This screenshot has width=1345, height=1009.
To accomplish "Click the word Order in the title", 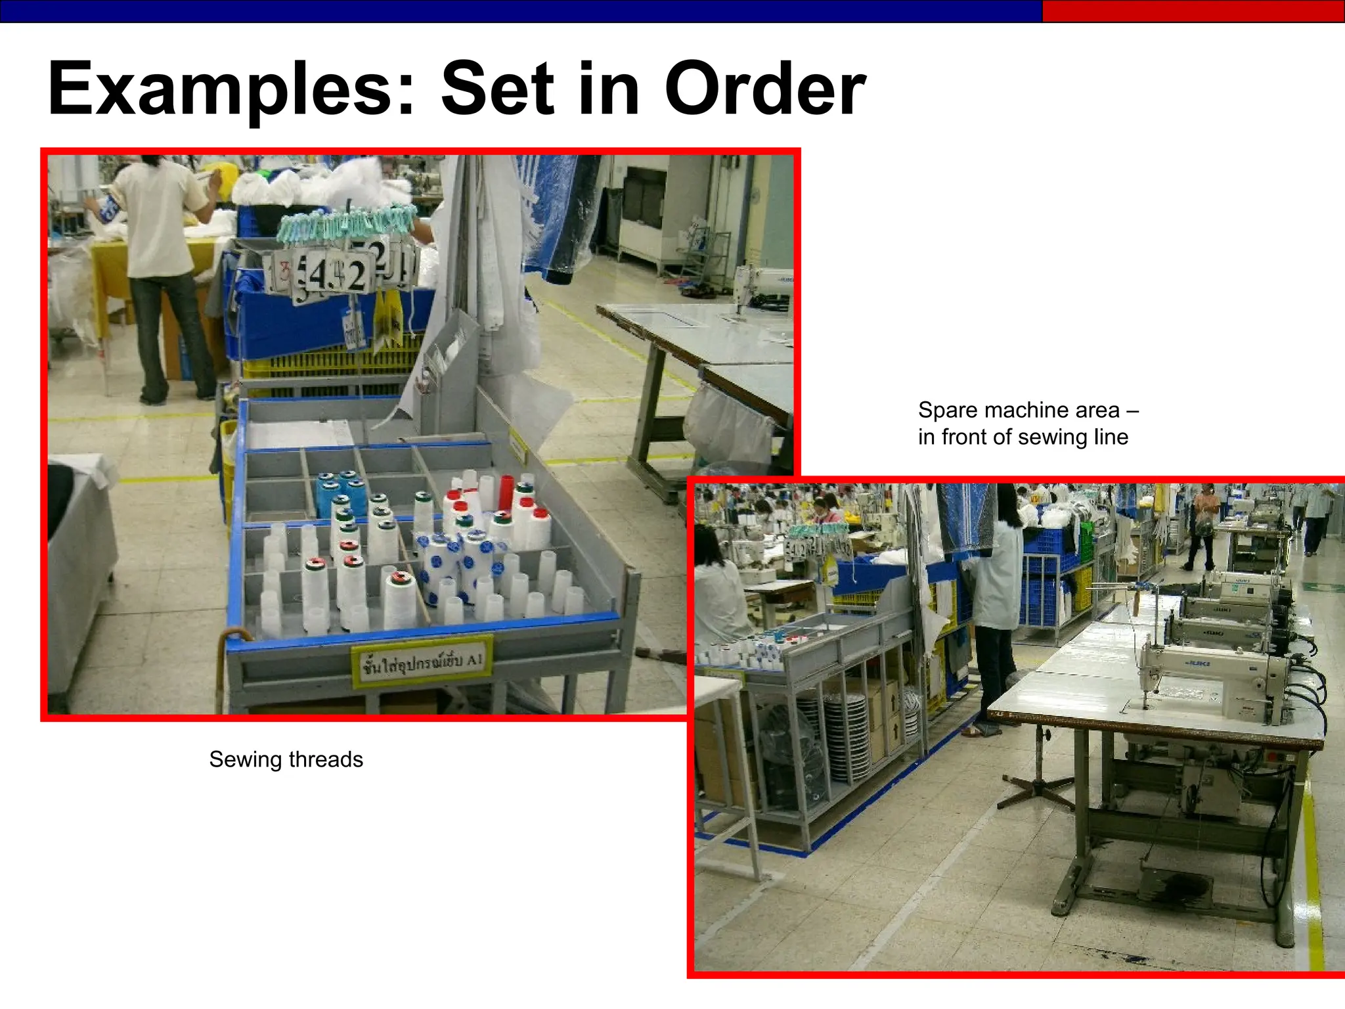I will coord(764,89).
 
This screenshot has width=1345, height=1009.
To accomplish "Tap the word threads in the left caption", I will coord(326,759).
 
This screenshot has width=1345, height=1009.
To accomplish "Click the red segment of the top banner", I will coord(1193,11).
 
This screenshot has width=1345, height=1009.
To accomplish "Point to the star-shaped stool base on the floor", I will coord(1038,788).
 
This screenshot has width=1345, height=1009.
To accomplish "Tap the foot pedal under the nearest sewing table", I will coord(1176,884).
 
